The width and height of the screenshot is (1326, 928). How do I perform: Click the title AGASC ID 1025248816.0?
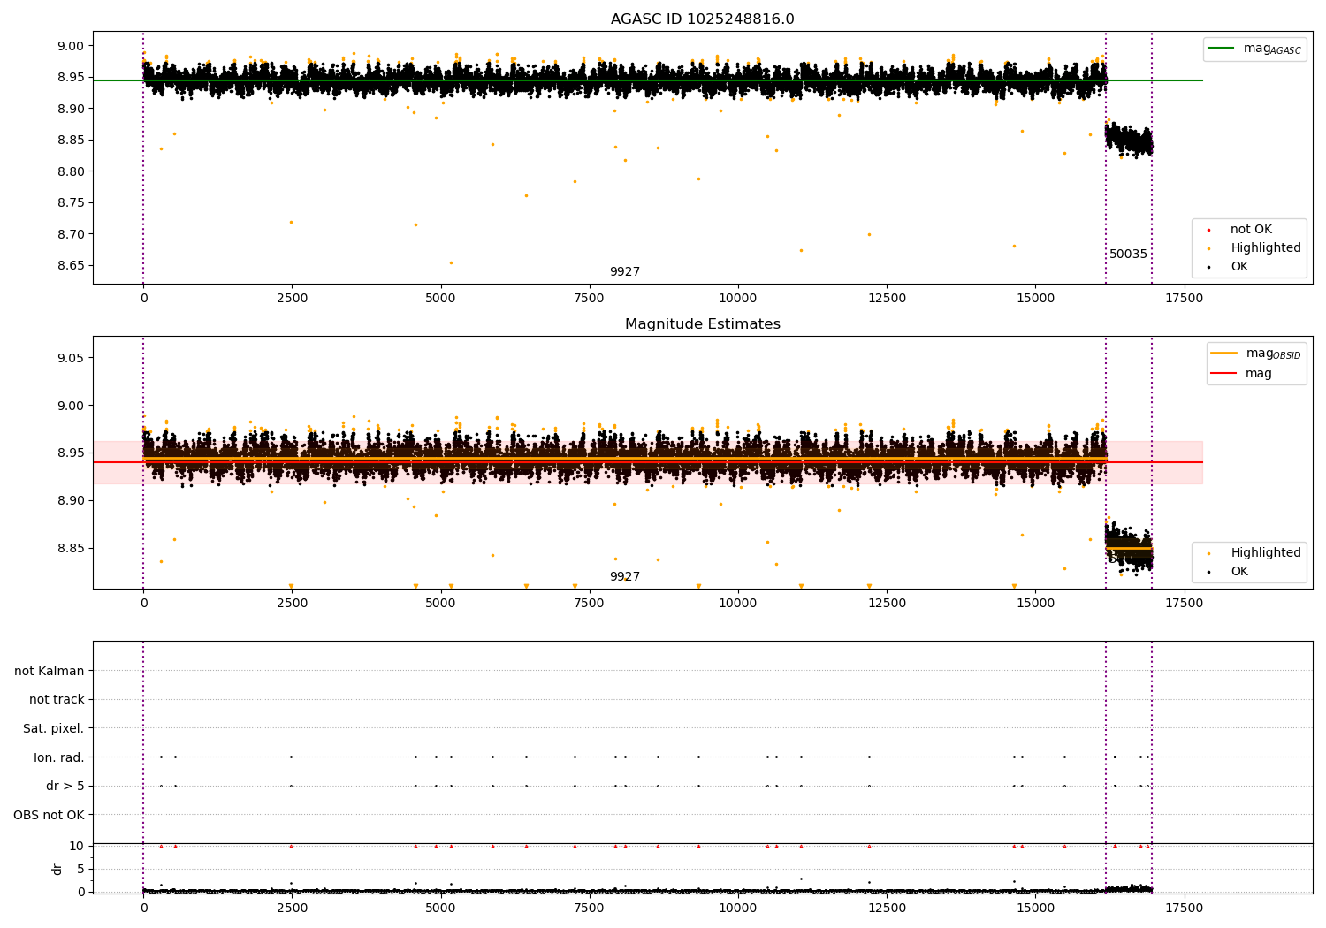coord(702,19)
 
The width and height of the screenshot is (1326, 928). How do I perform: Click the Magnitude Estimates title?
coord(702,323)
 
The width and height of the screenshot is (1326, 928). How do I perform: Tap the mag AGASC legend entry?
coord(1255,49)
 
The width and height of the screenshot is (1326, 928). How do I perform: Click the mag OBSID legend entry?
coord(1255,354)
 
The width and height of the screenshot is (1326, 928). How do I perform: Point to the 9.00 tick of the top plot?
coord(72,46)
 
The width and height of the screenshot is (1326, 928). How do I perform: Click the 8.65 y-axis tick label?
coord(72,265)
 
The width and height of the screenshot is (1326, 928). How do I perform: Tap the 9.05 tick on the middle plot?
coord(72,357)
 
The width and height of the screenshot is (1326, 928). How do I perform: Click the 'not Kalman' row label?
coord(50,671)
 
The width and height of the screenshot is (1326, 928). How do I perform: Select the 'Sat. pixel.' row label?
coord(53,728)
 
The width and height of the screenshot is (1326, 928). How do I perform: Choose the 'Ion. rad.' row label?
coord(58,757)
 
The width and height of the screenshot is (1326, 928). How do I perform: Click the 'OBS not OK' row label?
coord(49,815)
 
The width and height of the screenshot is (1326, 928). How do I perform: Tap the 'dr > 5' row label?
coord(65,786)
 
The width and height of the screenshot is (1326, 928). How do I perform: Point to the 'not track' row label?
coord(57,699)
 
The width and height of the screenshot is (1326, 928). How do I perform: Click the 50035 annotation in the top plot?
coord(1128,254)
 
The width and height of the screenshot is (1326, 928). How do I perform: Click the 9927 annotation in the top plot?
coord(624,271)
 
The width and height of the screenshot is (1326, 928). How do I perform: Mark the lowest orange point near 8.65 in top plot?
coord(451,262)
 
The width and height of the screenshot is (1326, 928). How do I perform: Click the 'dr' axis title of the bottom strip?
coord(57,869)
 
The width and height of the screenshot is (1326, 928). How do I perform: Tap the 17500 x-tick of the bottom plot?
coord(1184,908)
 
